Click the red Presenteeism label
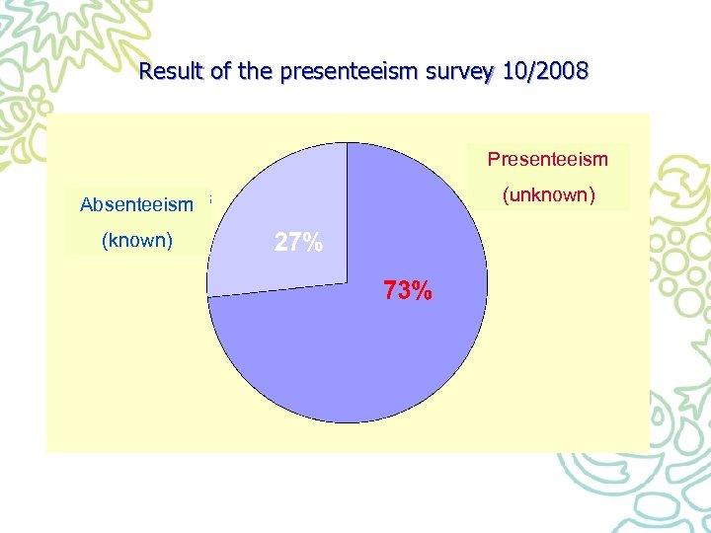click(x=548, y=159)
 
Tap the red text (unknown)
click(x=549, y=194)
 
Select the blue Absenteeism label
click(x=136, y=205)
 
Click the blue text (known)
click(x=137, y=240)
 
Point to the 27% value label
click(x=298, y=243)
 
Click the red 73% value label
click(x=407, y=291)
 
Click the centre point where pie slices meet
click(x=347, y=282)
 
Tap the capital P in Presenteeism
click(x=493, y=159)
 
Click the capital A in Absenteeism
click(x=86, y=205)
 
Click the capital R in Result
click(x=146, y=72)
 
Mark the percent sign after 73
click(x=422, y=291)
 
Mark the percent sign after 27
click(x=313, y=243)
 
